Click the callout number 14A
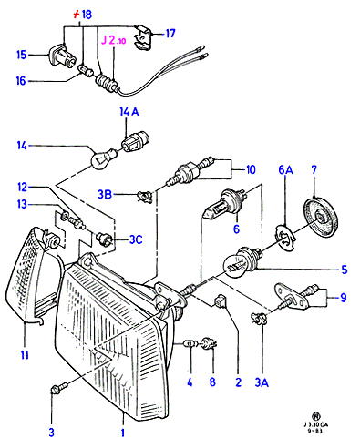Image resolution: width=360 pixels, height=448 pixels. (x=129, y=112)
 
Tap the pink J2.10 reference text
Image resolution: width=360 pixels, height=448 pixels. (x=113, y=40)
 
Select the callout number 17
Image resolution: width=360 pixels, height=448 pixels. (x=170, y=33)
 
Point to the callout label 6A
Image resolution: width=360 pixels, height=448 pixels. (x=285, y=170)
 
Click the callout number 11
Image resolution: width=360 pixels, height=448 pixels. (x=25, y=354)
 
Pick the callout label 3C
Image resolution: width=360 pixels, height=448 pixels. (x=136, y=239)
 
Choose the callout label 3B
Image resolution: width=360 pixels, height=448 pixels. (x=105, y=194)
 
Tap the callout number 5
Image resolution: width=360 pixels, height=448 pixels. (x=344, y=270)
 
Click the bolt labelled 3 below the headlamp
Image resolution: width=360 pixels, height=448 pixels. (x=58, y=388)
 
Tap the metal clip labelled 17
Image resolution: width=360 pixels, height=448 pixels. (x=143, y=37)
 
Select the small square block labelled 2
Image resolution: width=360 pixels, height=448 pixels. (x=221, y=301)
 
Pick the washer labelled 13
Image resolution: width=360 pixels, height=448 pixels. (x=65, y=216)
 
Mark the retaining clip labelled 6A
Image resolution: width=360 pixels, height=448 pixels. (x=285, y=238)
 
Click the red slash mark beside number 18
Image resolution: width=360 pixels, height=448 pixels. (x=77, y=14)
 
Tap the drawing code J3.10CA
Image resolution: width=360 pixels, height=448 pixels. (x=316, y=424)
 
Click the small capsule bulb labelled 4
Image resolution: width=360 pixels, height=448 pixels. (x=190, y=344)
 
